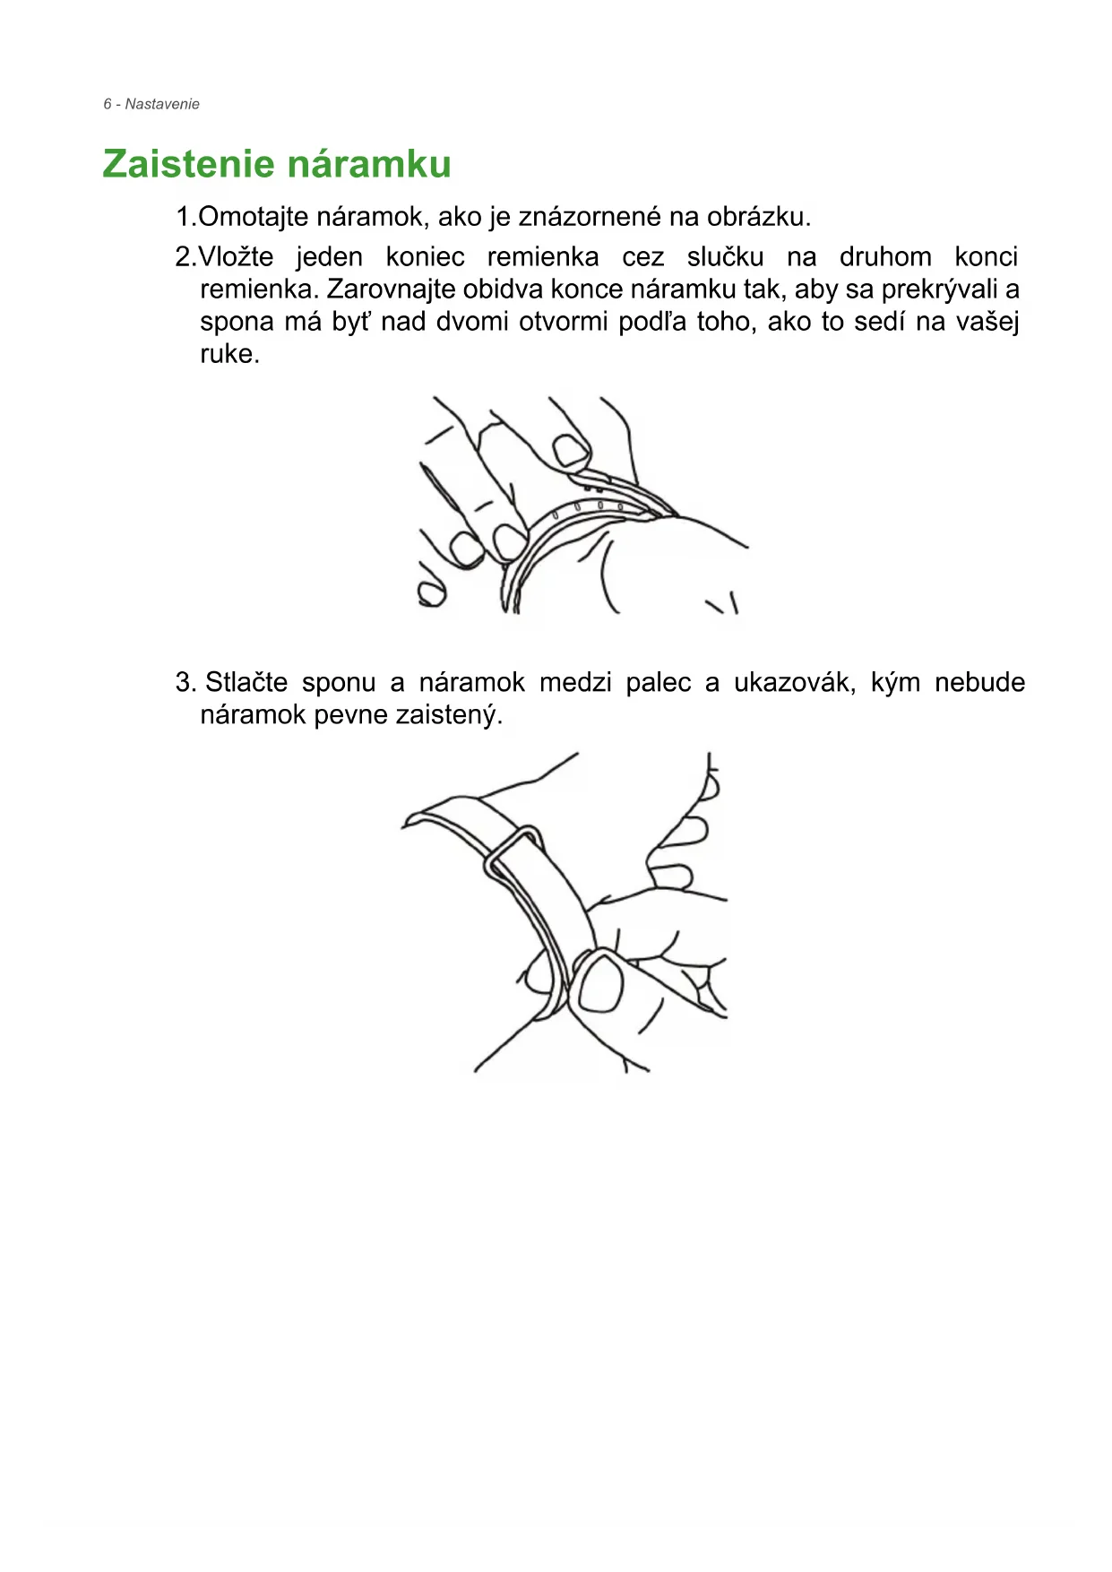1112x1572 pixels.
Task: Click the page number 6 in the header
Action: (108, 104)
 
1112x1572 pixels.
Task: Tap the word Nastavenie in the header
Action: (162, 104)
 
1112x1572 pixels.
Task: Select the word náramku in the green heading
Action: (370, 164)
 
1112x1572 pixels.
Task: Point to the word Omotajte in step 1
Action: (254, 217)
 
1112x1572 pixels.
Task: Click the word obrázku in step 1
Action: (757, 217)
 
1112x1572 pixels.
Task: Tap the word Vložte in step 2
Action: (236, 257)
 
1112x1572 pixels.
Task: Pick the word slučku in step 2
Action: (725, 257)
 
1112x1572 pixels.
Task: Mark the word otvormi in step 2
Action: (563, 322)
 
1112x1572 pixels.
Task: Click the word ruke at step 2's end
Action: (228, 354)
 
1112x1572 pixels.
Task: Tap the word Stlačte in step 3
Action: (246, 683)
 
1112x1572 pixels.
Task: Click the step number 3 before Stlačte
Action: (185, 683)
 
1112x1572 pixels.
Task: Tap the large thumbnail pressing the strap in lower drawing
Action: (601, 981)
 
